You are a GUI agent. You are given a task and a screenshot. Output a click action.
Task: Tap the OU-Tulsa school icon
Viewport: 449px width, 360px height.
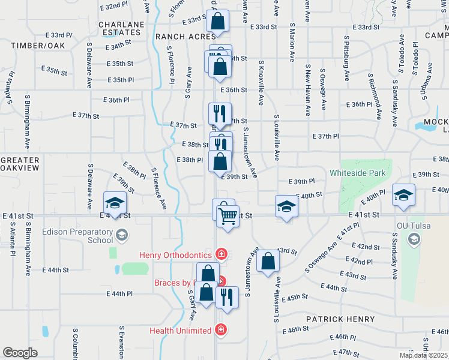413,239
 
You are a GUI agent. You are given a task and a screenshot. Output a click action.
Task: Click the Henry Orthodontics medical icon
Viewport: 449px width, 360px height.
221,255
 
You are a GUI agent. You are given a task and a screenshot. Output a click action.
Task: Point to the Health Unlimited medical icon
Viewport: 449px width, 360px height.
221,330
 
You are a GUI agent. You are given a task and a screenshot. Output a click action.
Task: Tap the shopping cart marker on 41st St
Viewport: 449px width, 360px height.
228,215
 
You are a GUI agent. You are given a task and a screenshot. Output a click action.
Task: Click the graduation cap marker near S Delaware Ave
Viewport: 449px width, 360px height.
114,203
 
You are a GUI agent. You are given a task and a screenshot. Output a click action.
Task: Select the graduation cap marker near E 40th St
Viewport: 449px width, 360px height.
286,207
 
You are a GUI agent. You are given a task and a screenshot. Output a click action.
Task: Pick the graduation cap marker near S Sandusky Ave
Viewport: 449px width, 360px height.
403,195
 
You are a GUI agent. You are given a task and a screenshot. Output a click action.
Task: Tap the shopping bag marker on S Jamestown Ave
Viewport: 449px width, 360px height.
268,261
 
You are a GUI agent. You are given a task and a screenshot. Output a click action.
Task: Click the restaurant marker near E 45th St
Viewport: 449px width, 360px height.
226,297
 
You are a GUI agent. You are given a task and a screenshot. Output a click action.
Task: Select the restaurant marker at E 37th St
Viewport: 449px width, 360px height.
219,113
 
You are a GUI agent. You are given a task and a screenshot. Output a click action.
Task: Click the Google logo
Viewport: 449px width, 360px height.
20,353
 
